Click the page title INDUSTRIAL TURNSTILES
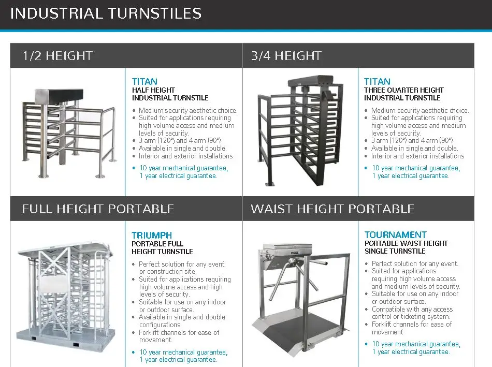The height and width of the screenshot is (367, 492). click(106, 13)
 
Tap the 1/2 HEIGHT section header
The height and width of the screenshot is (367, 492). click(57, 56)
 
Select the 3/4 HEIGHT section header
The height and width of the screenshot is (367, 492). click(286, 56)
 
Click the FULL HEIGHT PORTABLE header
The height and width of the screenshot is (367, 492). click(98, 209)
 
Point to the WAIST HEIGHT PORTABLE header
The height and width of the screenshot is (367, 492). click(332, 209)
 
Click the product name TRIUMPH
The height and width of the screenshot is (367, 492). click(152, 235)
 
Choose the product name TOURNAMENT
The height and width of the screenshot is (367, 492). click(395, 235)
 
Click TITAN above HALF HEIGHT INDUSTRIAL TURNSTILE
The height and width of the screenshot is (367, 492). click(144, 82)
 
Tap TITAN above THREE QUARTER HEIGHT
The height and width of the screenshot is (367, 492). click(377, 82)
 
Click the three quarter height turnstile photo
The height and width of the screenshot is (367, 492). click(299, 132)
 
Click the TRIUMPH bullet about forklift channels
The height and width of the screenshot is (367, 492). click(179, 336)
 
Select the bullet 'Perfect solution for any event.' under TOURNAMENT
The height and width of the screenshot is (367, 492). click(414, 263)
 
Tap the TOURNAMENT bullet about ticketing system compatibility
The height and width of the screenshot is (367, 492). click(412, 313)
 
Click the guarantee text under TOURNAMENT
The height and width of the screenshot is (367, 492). click(416, 348)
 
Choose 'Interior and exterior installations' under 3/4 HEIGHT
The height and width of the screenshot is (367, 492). click(417, 156)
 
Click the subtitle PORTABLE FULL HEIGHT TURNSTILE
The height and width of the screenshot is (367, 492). click(162, 247)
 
